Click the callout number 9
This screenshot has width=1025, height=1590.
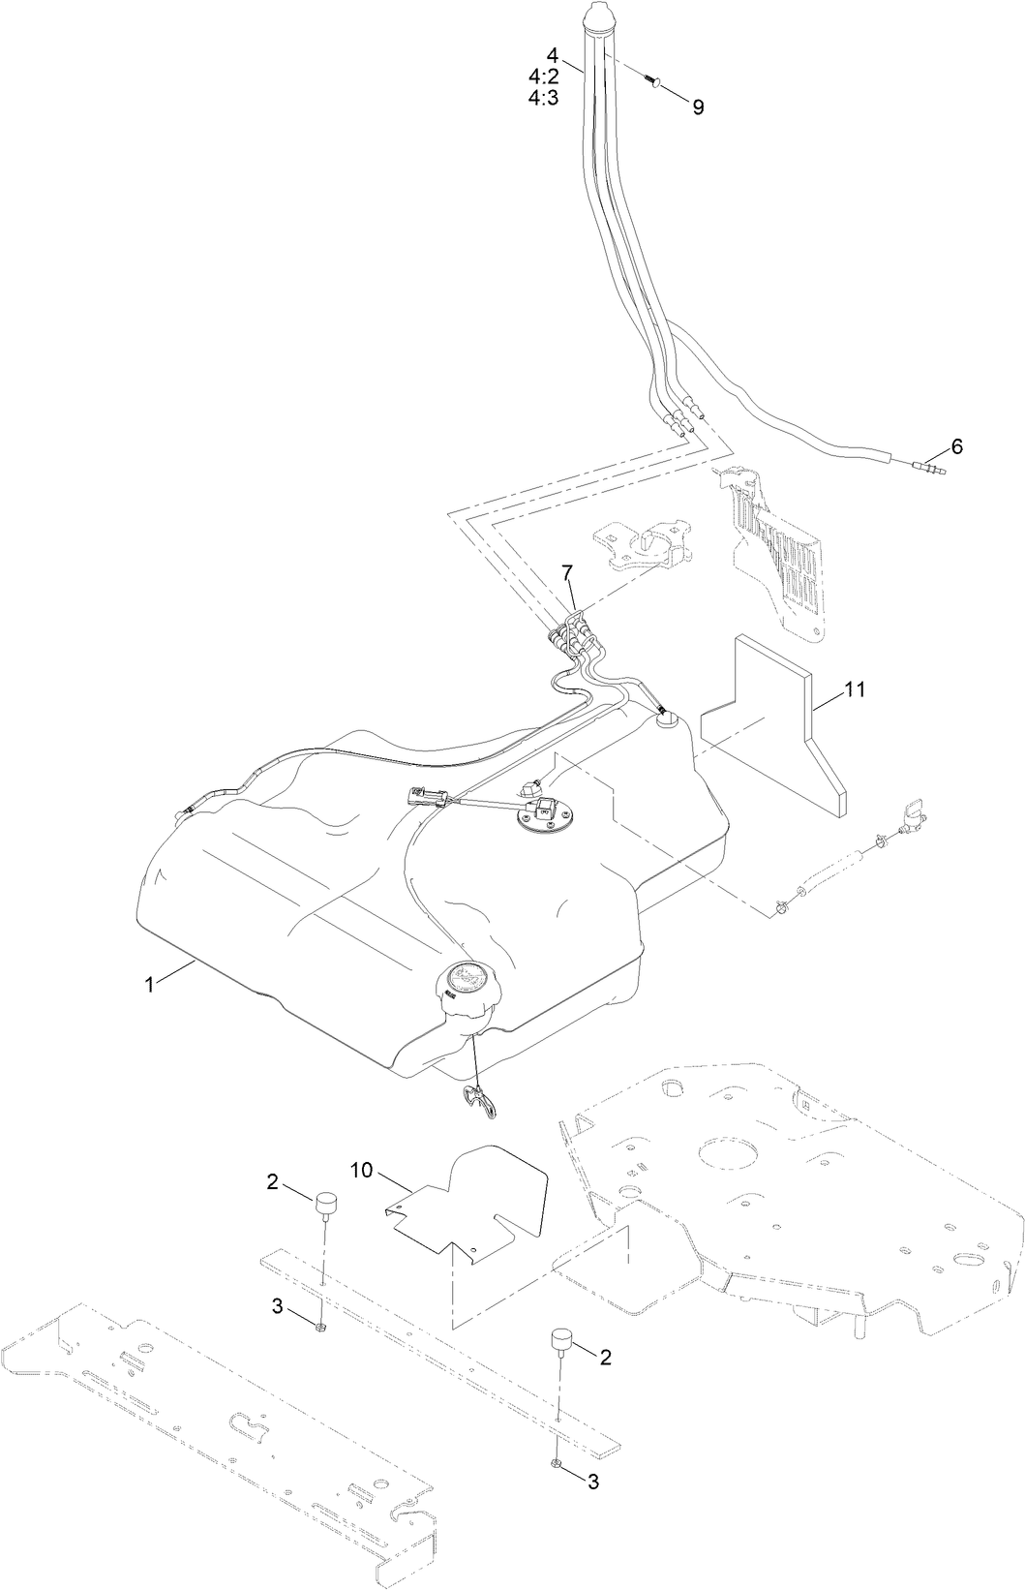click(x=698, y=107)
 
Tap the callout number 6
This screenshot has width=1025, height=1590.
click(x=956, y=446)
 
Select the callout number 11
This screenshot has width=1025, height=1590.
click(x=854, y=689)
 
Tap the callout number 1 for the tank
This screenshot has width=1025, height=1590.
click(x=150, y=984)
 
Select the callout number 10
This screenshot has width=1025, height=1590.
click(x=361, y=1171)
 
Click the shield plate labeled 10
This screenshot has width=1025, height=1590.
click(x=474, y=1201)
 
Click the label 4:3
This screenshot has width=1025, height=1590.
click(x=543, y=98)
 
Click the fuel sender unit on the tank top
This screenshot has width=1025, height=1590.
click(x=542, y=816)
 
